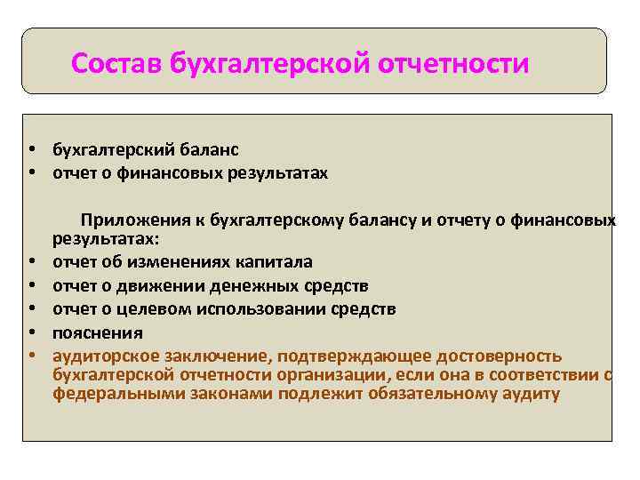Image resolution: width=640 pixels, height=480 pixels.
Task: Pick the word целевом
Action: click(162, 309)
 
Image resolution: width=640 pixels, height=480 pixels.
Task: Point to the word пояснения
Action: click(97, 332)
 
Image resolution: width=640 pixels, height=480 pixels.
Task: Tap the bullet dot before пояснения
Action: click(31, 332)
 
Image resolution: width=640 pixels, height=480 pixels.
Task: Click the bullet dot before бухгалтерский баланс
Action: click(31, 150)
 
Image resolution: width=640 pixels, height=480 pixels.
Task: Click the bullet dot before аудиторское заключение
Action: click(31, 356)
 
